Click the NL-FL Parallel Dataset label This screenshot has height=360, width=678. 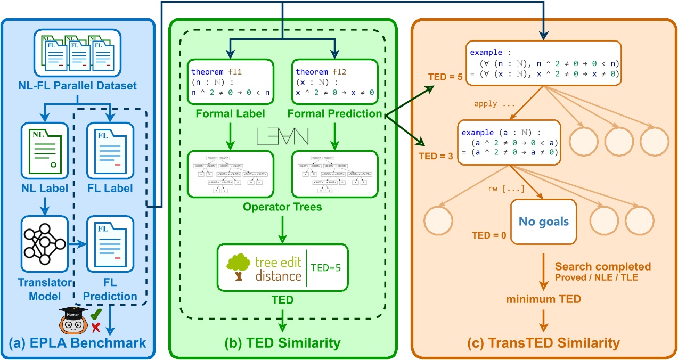click(x=78, y=85)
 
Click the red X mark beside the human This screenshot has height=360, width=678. click(x=96, y=326)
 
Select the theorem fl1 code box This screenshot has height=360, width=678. click(x=231, y=82)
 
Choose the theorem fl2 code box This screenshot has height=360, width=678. click(x=334, y=82)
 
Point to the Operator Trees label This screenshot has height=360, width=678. click(x=283, y=207)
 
